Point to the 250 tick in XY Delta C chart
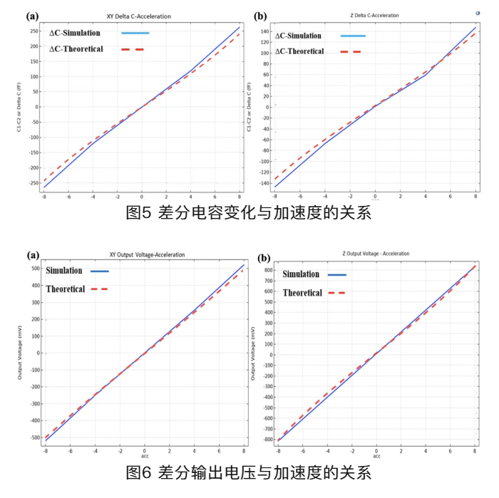(34, 31)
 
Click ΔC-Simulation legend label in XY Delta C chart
(75, 33)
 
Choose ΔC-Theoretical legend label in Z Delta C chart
(299, 51)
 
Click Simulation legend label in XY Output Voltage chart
(64, 271)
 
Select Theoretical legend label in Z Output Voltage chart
(302, 293)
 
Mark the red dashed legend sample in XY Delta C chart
(133, 49)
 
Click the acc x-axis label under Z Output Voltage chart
(376, 456)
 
